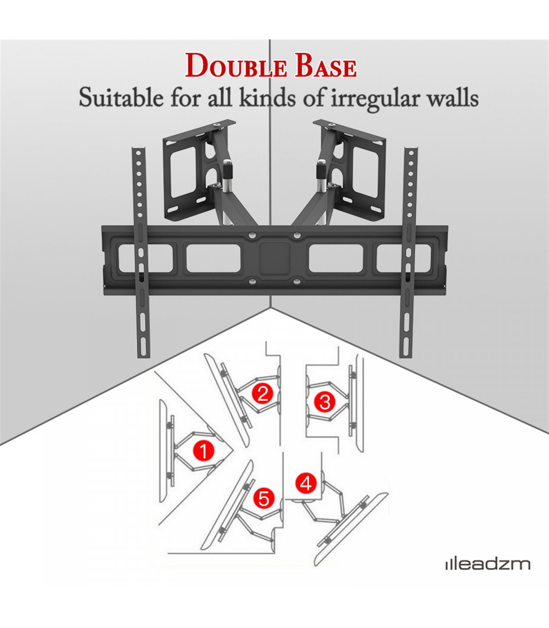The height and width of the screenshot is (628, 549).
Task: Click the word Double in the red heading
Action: coord(236,66)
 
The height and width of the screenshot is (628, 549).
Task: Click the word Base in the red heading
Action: coord(325,66)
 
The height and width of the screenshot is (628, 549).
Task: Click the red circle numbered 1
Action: coord(204,450)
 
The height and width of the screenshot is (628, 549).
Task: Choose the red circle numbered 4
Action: coord(306,483)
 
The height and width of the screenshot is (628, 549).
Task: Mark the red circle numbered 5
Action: coord(264,498)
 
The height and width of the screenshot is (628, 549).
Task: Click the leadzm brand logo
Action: coord(488,564)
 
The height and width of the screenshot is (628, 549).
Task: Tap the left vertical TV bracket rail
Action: coord(141,252)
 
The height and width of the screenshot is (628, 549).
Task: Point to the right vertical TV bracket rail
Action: coord(408,252)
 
